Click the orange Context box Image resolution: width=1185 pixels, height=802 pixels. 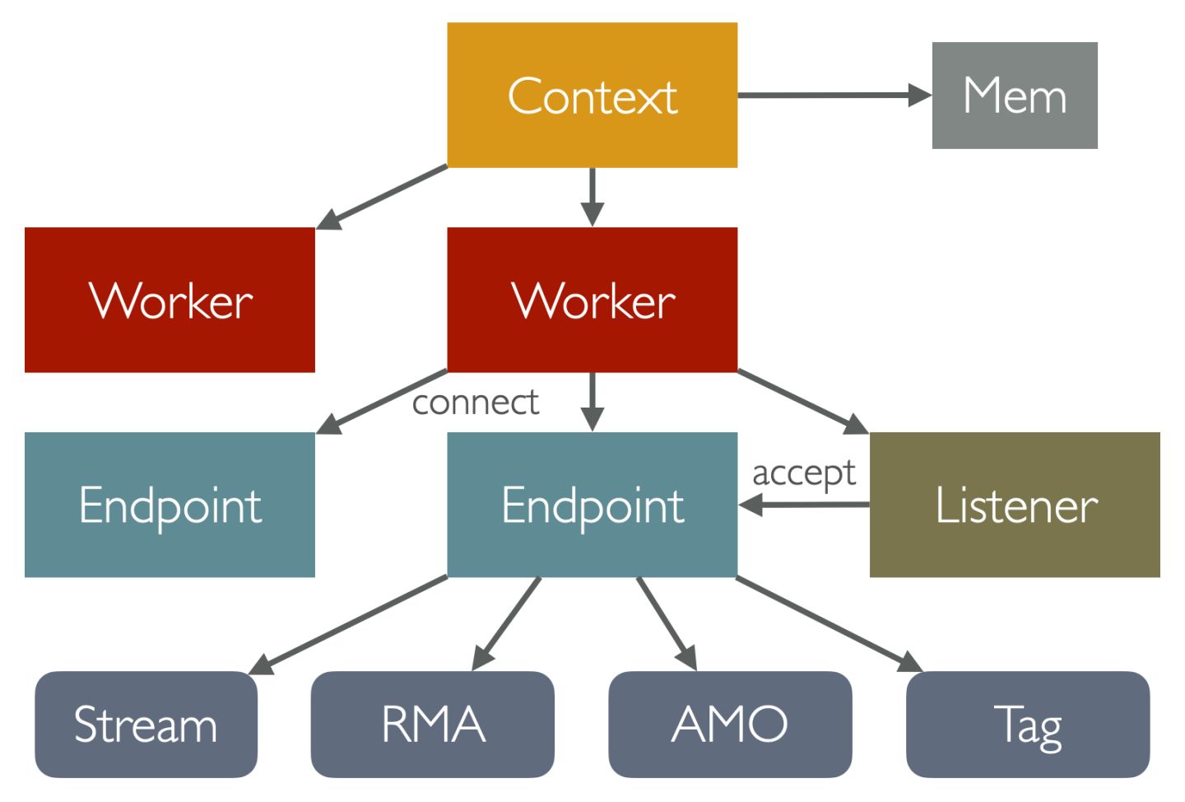tap(592, 95)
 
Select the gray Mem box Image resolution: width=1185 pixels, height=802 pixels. tap(1014, 96)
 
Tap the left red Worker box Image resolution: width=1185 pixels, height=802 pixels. tap(170, 300)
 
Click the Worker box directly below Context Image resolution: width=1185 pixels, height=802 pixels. tap(592, 300)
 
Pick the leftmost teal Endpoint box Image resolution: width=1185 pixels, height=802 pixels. tap(170, 504)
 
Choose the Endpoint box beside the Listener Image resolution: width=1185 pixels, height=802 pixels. tap(592, 504)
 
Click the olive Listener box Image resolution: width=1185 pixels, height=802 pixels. tap(1014, 504)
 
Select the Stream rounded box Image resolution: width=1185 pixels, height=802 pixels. tap(146, 724)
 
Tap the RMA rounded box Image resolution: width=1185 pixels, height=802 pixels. tap(432, 724)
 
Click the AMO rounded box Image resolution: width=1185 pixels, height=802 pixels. tap(730, 724)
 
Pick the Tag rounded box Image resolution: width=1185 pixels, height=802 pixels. tap(1027, 724)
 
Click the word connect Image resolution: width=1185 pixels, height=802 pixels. tap(476, 403)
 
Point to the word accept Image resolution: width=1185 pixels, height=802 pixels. tap(804, 473)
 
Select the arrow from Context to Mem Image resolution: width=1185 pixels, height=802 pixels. tap(831, 96)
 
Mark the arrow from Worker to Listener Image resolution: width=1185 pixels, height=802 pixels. tap(802, 402)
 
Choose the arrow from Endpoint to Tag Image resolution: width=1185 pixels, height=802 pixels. tap(827, 622)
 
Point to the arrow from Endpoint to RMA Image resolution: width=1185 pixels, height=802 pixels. tap(507, 622)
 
